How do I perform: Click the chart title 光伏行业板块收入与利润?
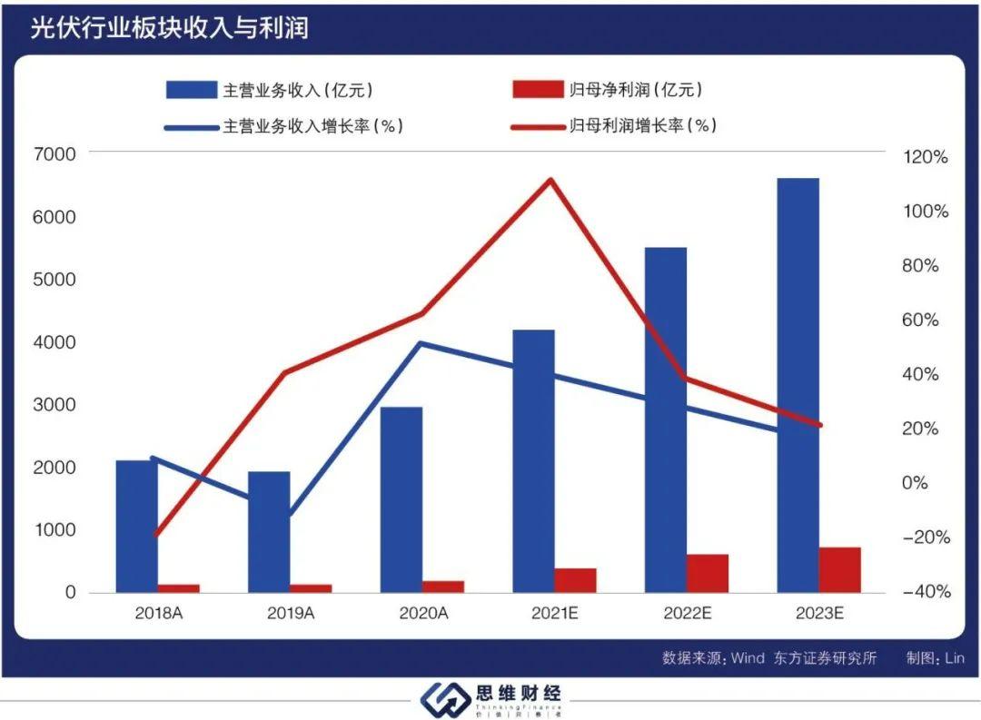point(169,28)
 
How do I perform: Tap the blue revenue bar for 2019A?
point(269,531)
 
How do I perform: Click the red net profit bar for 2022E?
point(708,573)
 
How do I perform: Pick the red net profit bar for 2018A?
point(179,588)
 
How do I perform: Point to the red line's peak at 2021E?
point(551,180)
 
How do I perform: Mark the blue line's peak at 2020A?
point(420,343)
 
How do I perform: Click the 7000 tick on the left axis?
point(55,155)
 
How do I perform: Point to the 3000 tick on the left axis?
point(55,405)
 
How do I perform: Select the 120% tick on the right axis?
point(926,157)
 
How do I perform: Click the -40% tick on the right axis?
point(924,592)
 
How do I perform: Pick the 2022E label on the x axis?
point(687,614)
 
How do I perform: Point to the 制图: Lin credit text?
point(934,658)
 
